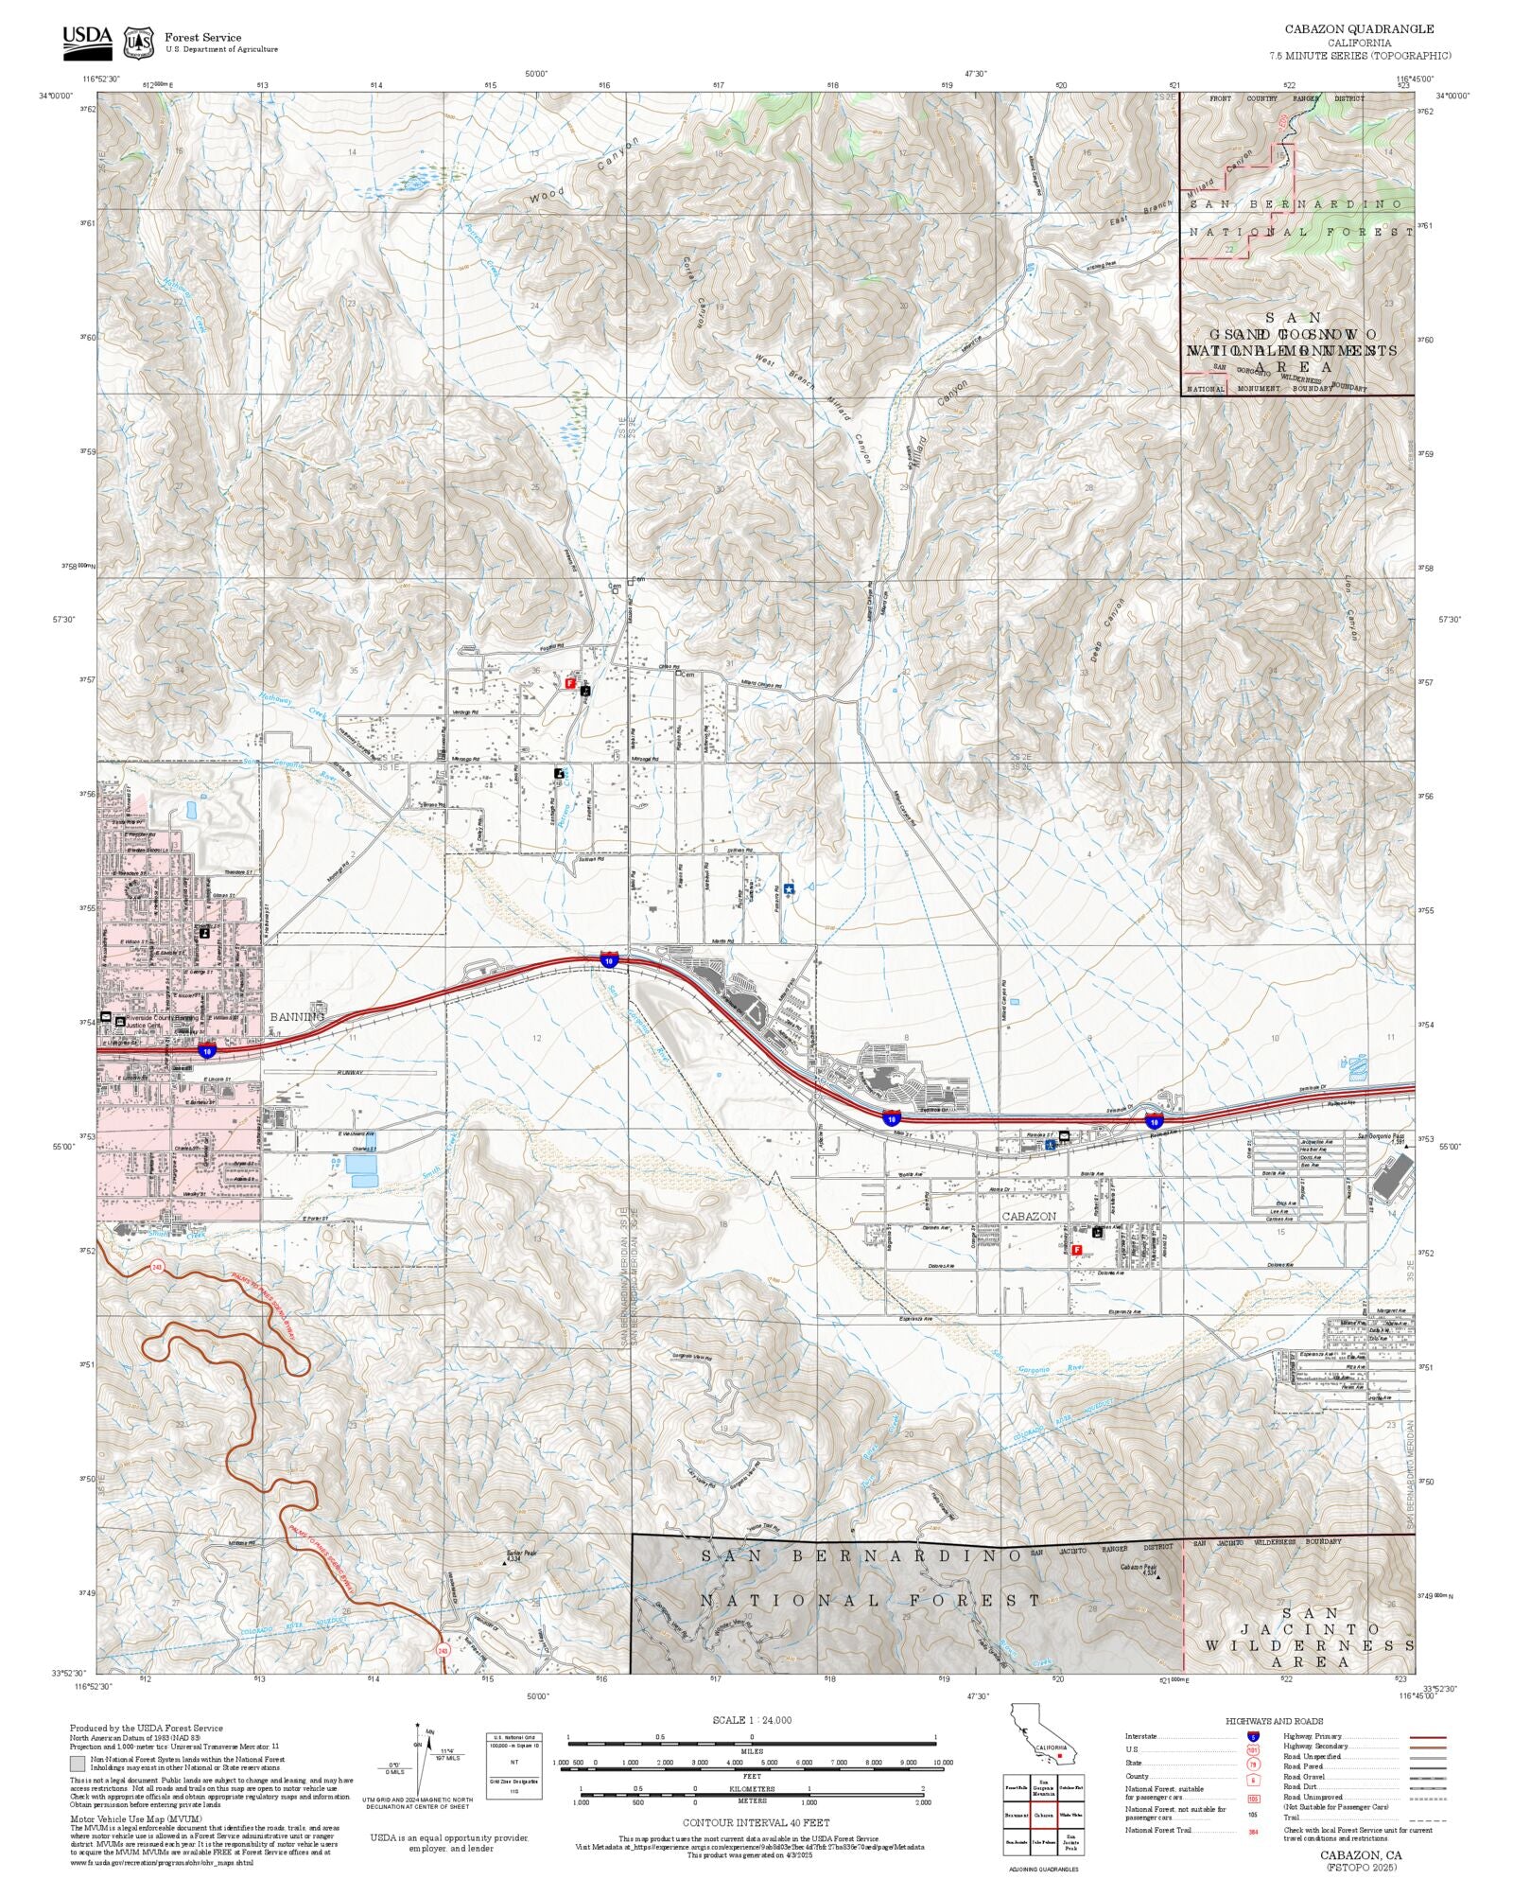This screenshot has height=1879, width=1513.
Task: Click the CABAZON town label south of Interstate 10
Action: click(1029, 1216)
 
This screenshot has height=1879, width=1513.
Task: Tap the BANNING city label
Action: click(297, 1016)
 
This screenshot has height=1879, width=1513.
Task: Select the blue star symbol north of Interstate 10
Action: click(789, 889)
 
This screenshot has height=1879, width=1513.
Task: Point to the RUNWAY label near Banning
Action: click(350, 1073)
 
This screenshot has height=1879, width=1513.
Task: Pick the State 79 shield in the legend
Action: click(1253, 1764)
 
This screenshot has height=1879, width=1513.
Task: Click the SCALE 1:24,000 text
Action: click(752, 1719)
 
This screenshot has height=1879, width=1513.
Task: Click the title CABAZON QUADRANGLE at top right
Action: click(1358, 29)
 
